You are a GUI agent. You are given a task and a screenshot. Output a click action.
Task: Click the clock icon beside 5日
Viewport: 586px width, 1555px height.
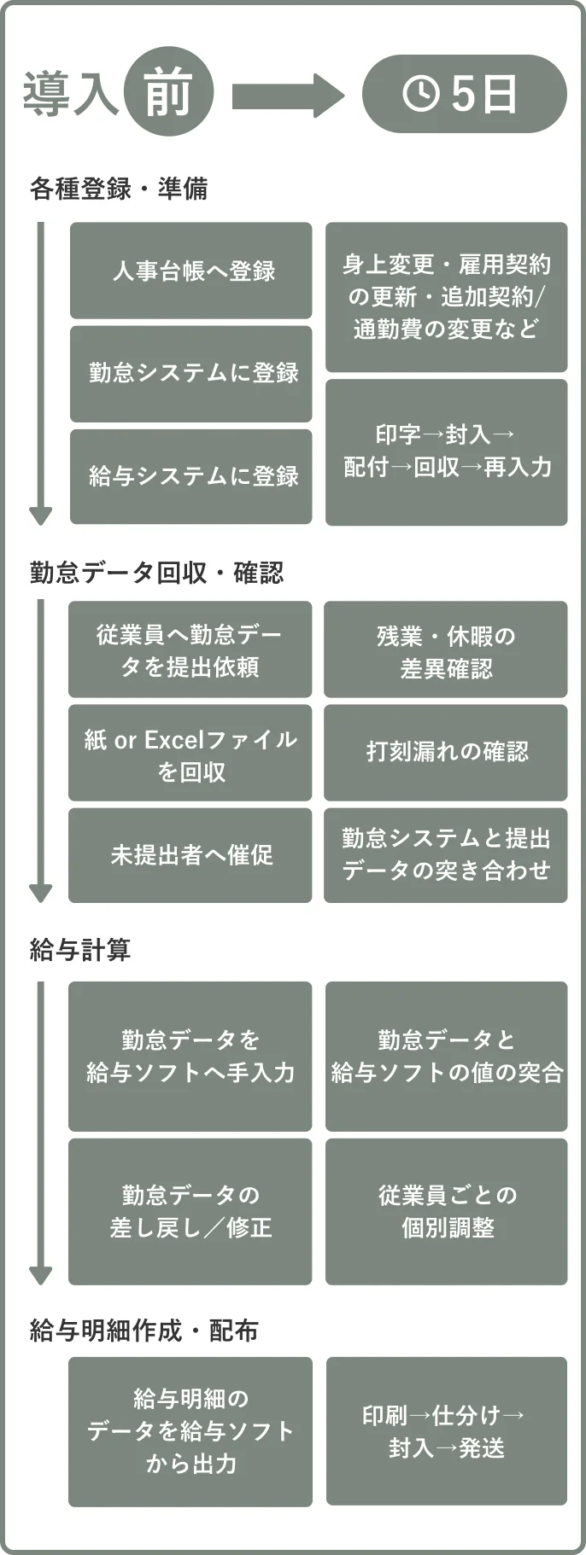[420, 93]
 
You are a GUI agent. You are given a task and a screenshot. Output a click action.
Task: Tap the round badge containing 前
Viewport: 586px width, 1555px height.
[168, 92]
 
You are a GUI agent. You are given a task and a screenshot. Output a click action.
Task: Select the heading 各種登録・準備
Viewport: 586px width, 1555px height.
[119, 189]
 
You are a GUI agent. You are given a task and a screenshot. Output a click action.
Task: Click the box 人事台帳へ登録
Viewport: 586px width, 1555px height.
[191, 271]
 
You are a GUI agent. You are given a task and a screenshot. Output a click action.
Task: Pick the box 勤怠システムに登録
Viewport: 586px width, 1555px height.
[191, 373]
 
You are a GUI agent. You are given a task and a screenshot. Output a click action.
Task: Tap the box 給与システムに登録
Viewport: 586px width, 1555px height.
[191, 476]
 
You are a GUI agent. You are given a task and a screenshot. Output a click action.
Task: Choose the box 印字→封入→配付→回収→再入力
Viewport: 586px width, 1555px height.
[446, 451]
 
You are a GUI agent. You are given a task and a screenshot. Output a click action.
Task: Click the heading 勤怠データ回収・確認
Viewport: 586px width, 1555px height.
[156, 573]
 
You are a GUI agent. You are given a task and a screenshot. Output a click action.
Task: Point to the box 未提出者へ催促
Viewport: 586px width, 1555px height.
[190, 854]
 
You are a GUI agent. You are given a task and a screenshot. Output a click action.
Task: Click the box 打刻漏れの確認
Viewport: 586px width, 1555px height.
[445, 752]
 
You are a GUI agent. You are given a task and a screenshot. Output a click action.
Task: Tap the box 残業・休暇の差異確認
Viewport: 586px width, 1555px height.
[445, 650]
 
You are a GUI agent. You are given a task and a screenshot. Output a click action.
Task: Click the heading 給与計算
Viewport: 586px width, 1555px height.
[80, 949]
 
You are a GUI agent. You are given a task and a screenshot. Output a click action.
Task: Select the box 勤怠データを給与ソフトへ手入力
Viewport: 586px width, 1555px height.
[190, 1056]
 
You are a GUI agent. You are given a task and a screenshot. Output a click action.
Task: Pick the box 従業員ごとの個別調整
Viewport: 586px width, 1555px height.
[446, 1211]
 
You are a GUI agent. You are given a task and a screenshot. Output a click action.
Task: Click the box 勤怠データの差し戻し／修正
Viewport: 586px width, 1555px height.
[190, 1211]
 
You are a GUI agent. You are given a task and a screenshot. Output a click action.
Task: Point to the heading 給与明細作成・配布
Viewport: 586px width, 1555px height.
[144, 1331]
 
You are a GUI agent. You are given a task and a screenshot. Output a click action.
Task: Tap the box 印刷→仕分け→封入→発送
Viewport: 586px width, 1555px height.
[446, 1431]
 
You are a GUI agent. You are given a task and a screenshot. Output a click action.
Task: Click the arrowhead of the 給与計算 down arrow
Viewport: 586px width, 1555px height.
[41, 1274]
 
